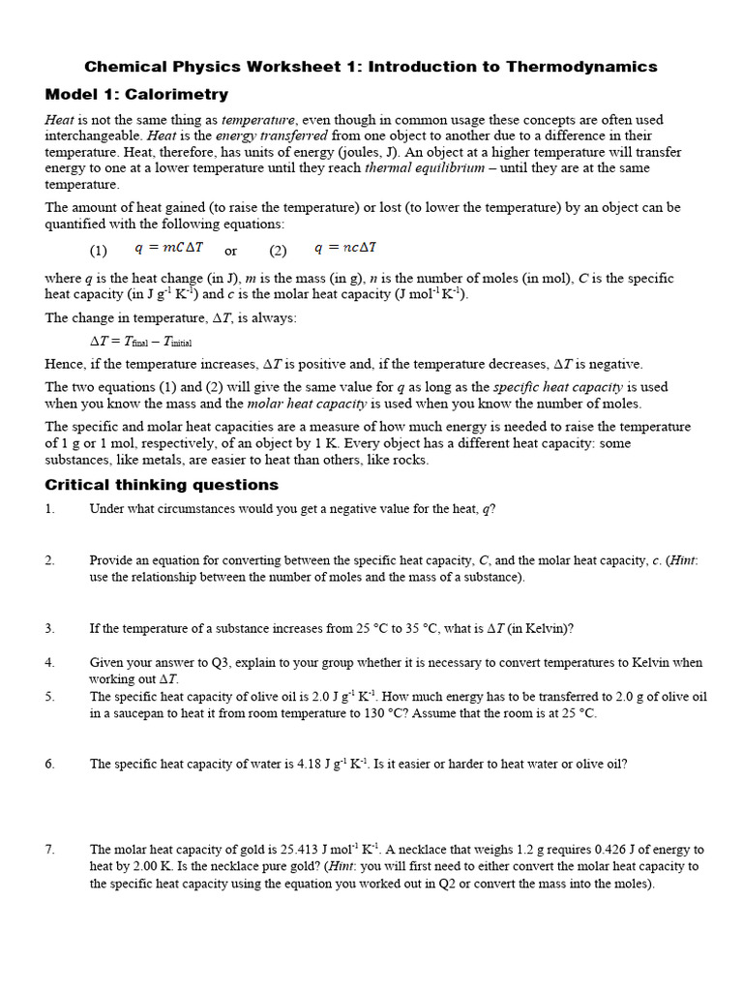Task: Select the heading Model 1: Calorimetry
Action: point(136,95)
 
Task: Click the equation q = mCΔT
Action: point(169,249)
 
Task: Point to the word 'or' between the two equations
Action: point(231,251)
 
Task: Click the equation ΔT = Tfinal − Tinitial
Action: point(146,342)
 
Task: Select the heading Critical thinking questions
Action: point(162,485)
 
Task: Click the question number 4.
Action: point(49,663)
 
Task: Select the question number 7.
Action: point(49,849)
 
